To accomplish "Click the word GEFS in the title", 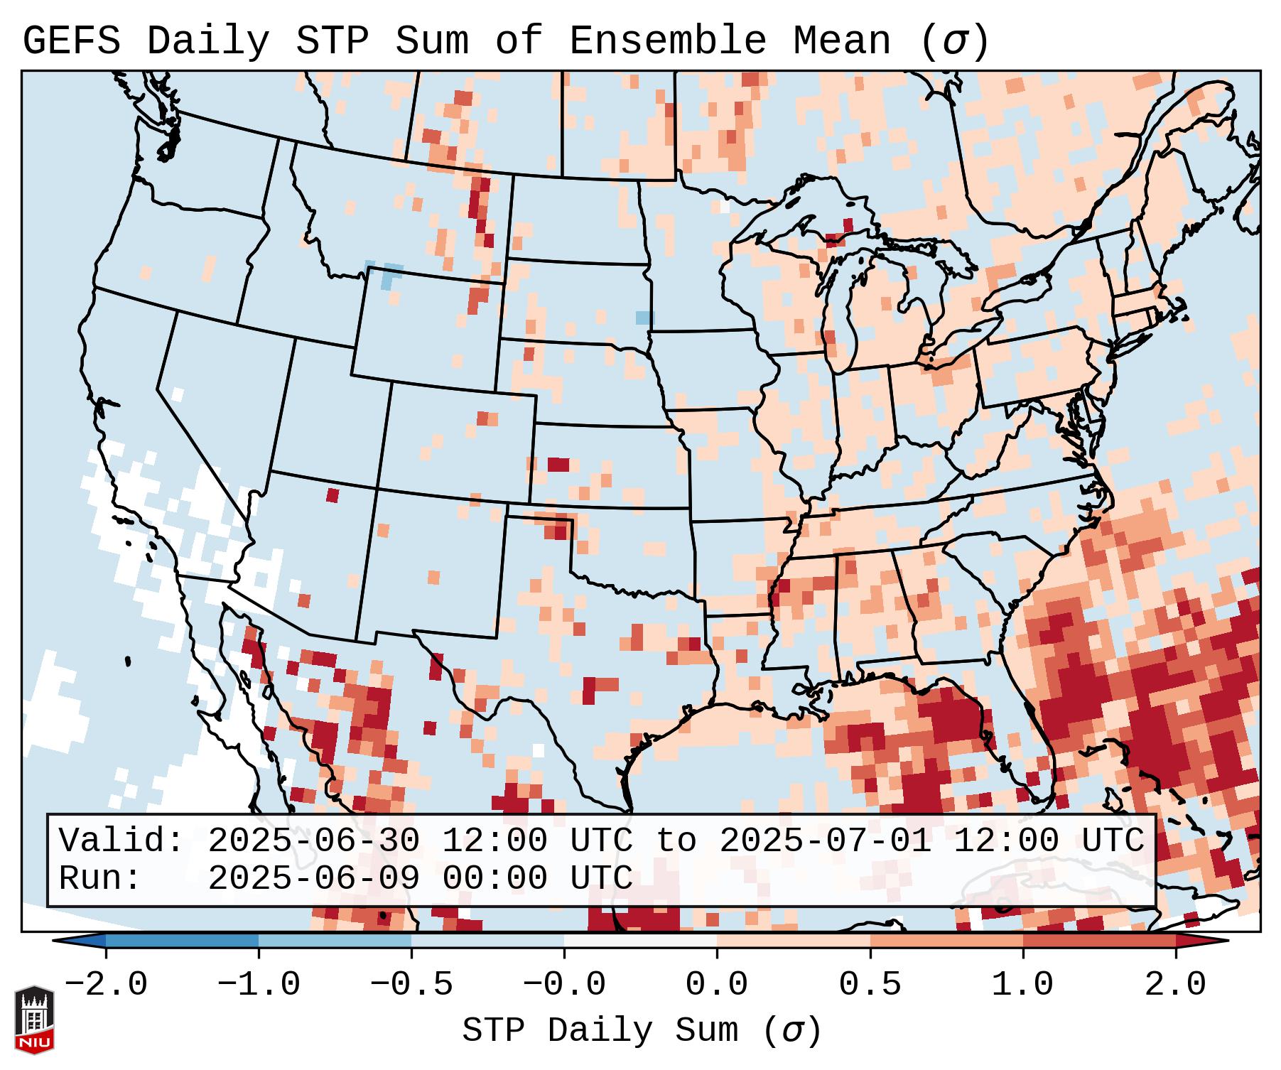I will pos(71,41).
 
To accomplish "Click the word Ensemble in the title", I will pos(667,41).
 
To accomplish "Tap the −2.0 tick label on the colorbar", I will pos(106,985).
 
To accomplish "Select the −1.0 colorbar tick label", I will pos(259,985).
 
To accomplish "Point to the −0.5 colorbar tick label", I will pos(411,985).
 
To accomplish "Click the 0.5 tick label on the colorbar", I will pos(870,985).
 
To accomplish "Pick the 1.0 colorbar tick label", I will pos(1023,985).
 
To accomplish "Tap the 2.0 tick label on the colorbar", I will pos(1176,985).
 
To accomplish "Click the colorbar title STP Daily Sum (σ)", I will pos(642,1031).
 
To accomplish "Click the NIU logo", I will pos(34,1020).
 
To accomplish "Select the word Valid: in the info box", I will pos(121,841).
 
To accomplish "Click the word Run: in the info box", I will pos(100,878).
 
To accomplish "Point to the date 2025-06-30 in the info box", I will pos(313,841).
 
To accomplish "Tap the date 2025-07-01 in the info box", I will pos(825,841).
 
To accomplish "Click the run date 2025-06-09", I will pos(313,878).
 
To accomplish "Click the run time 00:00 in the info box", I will pos(494,878).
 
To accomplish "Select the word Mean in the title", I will pos(842,41).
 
